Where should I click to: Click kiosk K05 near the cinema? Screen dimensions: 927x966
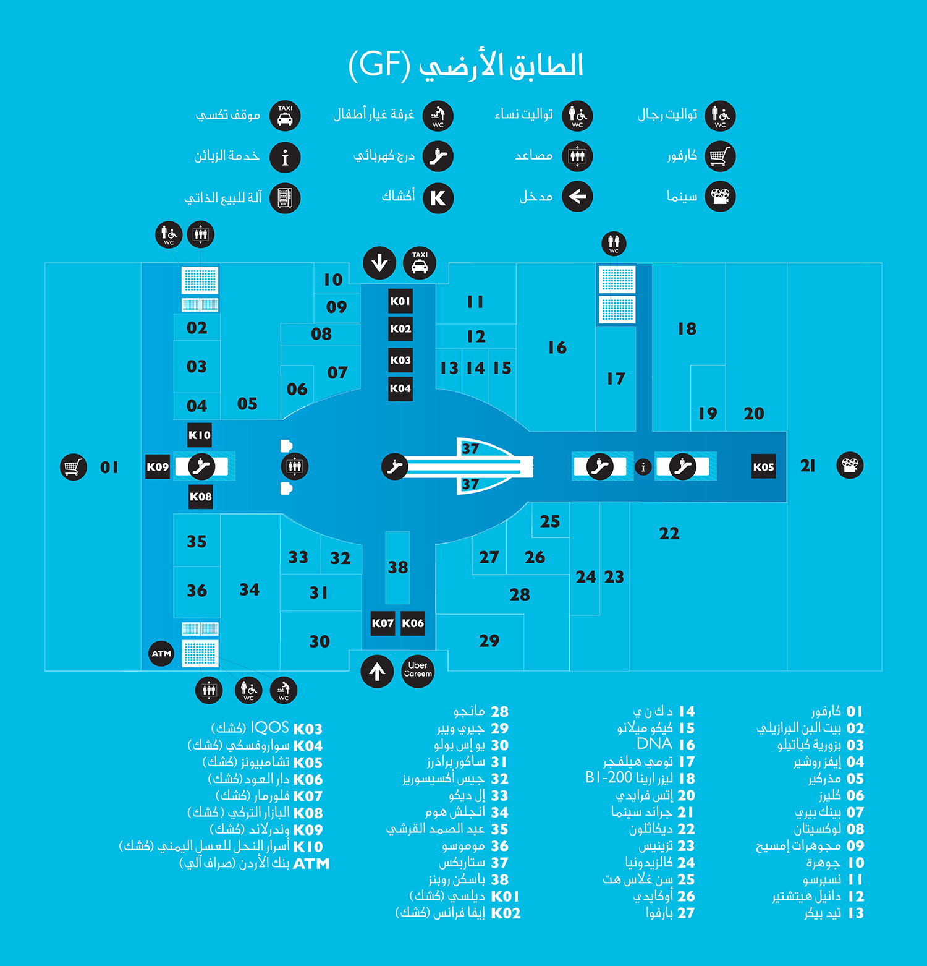click(x=764, y=467)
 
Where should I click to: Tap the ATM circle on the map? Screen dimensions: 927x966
click(x=162, y=653)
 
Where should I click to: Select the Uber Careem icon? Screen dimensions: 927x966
click(x=418, y=670)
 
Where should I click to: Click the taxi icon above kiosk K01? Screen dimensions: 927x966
click(x=420, y=262)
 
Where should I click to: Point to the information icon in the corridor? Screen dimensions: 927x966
click(x=643, y=467)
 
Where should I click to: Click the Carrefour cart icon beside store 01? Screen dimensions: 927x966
click(x=73, y=467)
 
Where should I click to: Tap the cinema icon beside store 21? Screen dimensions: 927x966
click(x=850, y=465)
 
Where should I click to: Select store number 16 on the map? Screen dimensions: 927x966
click(x=557, y=348)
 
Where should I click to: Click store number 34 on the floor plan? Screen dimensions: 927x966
click(x=249, y=589)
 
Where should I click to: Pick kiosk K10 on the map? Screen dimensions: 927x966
click(x=200, y=435)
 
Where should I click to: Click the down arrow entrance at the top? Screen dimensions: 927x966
click(x=379, y=262)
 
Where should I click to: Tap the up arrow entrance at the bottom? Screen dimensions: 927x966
click(x=377, y=671)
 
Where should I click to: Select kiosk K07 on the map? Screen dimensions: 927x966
click(x=383, y=623)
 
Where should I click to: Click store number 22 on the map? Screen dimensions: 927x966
click(x=669, y=533)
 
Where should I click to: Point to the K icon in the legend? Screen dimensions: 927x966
click(x=438, y=198)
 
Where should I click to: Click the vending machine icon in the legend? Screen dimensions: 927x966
click(x=285, y=198)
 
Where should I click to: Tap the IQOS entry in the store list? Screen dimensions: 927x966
click(x=267, y=729)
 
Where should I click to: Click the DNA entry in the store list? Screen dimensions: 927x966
click(x=666, y=744)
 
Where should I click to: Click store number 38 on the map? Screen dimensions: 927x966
click(x=398, y=567)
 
